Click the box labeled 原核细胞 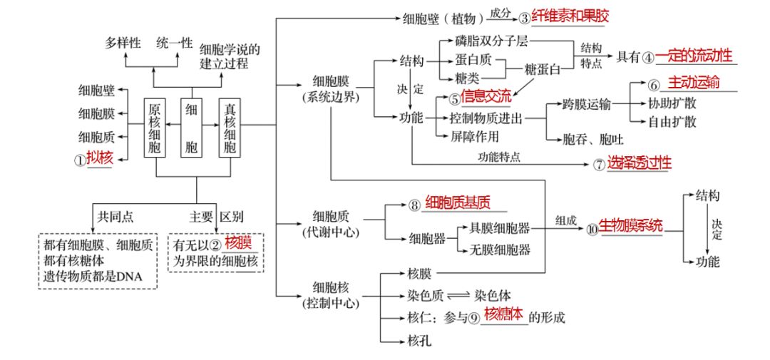coord(155,128)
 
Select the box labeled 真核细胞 coord(230,128)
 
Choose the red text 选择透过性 coord(640,163)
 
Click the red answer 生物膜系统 coord(630,225)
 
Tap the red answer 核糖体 coord(503,314)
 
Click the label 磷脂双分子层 coord(491,41)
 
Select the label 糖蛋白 coord(543,68)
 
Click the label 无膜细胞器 coord(499,249)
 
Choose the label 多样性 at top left coord(121,43)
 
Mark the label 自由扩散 coord(672,121)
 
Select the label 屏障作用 coord(474,135)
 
